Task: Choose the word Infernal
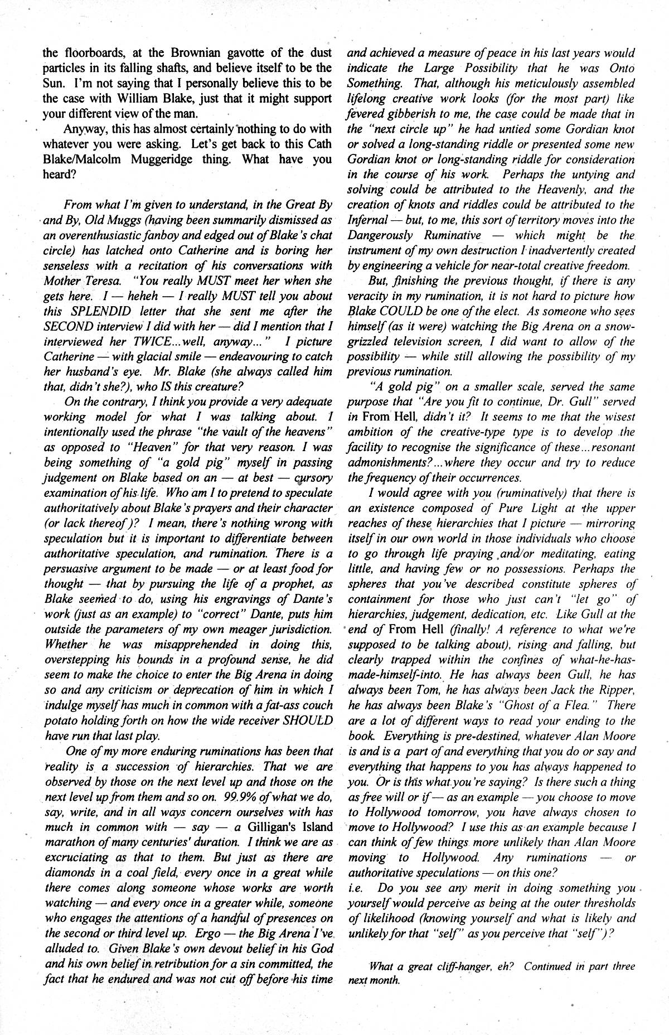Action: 366,220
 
